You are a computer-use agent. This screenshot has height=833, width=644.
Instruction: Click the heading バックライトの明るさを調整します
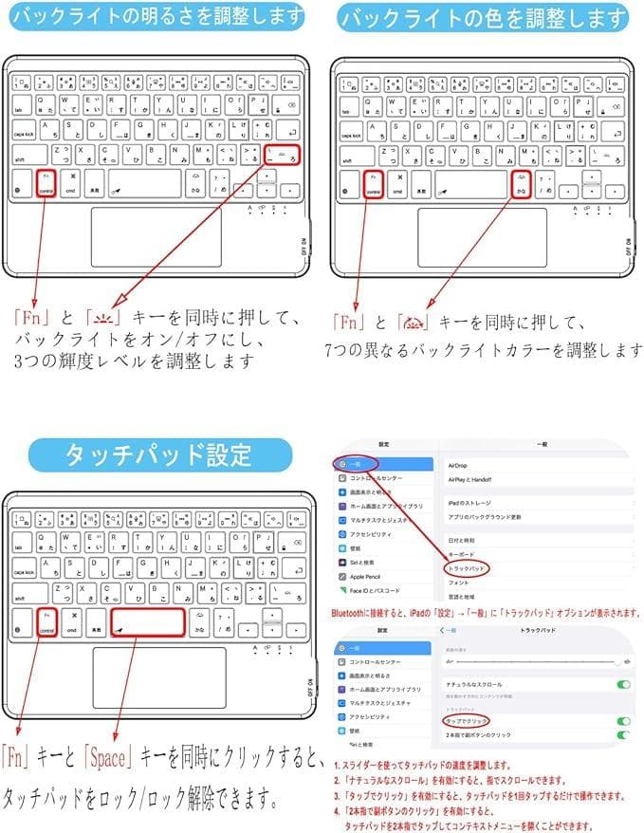click(x=157, y=16)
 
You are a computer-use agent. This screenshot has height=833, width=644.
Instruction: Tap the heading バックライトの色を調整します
click(x=483, y=17)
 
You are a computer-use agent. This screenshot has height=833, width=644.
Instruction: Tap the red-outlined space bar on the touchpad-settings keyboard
click(x=147, y=622)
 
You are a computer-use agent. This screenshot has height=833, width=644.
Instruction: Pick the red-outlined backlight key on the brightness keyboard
click(x=283, y=155)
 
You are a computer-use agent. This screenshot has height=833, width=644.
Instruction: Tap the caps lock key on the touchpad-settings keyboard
click(x=23, y=571)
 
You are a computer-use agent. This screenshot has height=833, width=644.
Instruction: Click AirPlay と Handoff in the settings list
click(x=470, y=480)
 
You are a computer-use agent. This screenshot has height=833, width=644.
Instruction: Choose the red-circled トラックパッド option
click(x=467, y=568)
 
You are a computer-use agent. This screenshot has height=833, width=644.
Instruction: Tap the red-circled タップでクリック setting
click(x=467, y=721)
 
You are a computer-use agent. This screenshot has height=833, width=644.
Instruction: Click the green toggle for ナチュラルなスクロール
click(x=623, y=684)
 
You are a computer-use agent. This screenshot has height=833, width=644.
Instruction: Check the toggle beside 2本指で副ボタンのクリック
click(x=623, y=734)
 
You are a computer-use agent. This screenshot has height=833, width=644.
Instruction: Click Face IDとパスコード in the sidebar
click(x=376, y=589)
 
